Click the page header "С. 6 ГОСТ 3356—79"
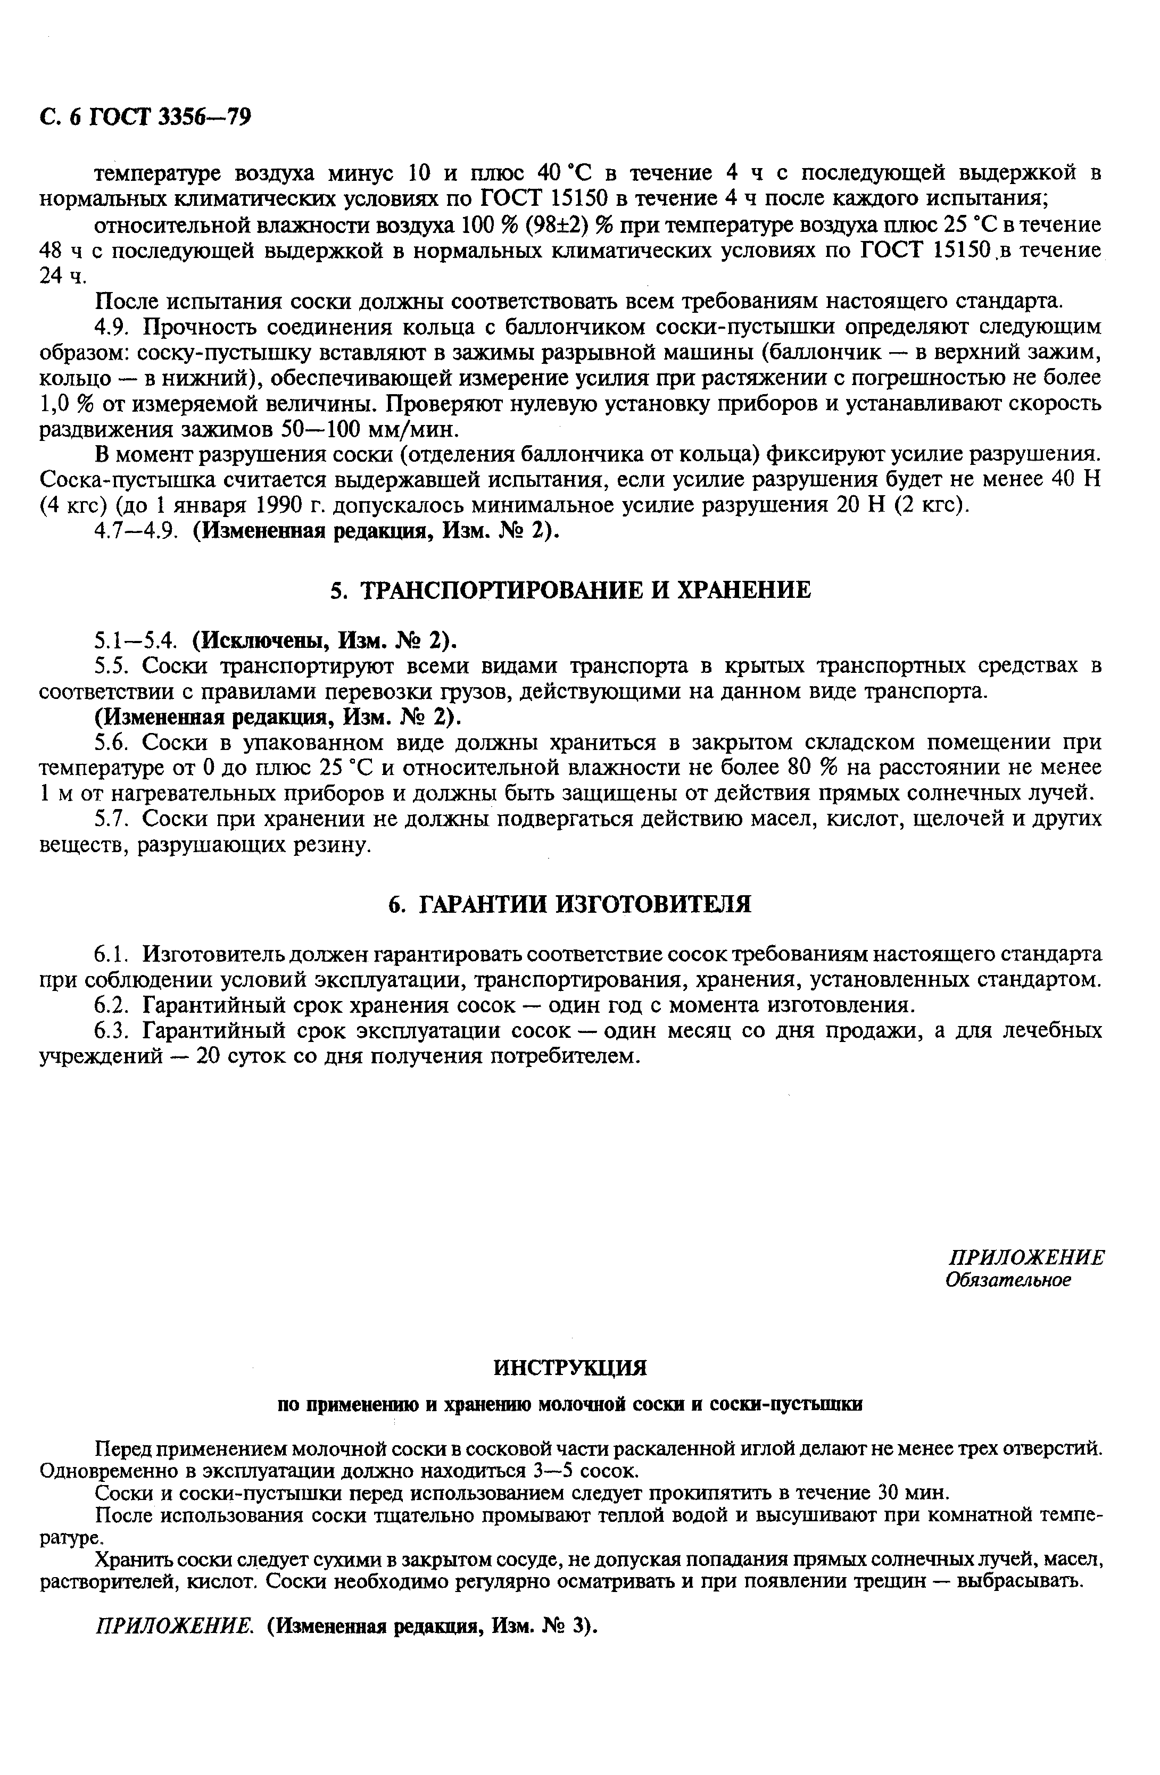145,117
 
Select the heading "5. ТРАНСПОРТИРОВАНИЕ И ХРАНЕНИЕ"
570,590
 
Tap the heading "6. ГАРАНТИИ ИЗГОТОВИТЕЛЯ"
570,904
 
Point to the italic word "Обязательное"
1008,1279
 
